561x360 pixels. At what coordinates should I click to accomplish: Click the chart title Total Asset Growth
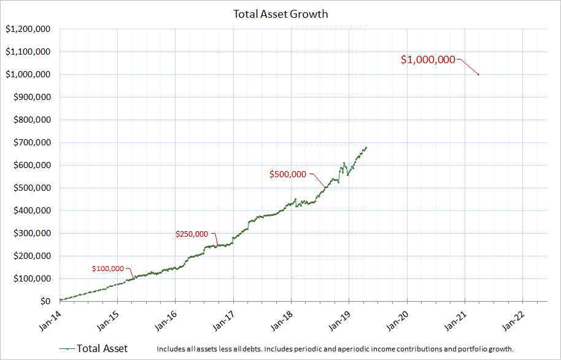(x=280, y=13)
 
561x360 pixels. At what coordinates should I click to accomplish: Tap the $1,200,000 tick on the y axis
(x=28, y=29)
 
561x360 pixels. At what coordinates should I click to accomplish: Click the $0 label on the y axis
(x=45, y=302)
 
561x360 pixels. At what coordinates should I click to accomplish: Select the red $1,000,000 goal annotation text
(x=428, y=60)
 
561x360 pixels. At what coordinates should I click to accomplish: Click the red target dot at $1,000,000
(x=478, y=75)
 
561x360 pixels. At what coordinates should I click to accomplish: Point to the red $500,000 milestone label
(x=287, y=174)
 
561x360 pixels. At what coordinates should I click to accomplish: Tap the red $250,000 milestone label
(x=192, y=234)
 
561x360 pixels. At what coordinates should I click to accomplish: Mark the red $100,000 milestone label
(x=108, y=269)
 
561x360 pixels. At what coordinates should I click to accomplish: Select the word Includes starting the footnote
(x=171, y=349)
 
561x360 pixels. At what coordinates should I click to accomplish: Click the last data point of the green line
(x=366, y=147)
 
